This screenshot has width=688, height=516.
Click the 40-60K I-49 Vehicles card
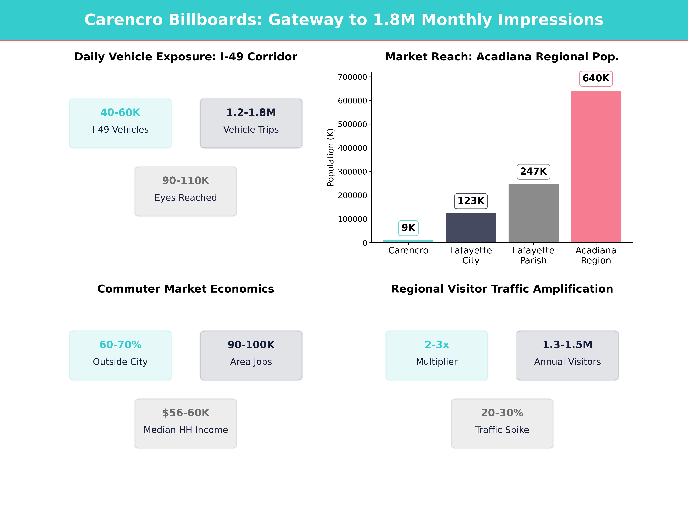120,123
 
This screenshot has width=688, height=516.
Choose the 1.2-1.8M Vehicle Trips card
251,123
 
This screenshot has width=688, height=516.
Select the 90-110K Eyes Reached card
186,191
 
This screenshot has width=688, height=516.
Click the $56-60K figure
186,413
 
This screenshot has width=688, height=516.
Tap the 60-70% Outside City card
120,355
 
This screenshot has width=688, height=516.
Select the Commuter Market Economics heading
186,289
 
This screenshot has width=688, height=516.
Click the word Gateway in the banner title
306,20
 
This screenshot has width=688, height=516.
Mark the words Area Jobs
251,362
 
